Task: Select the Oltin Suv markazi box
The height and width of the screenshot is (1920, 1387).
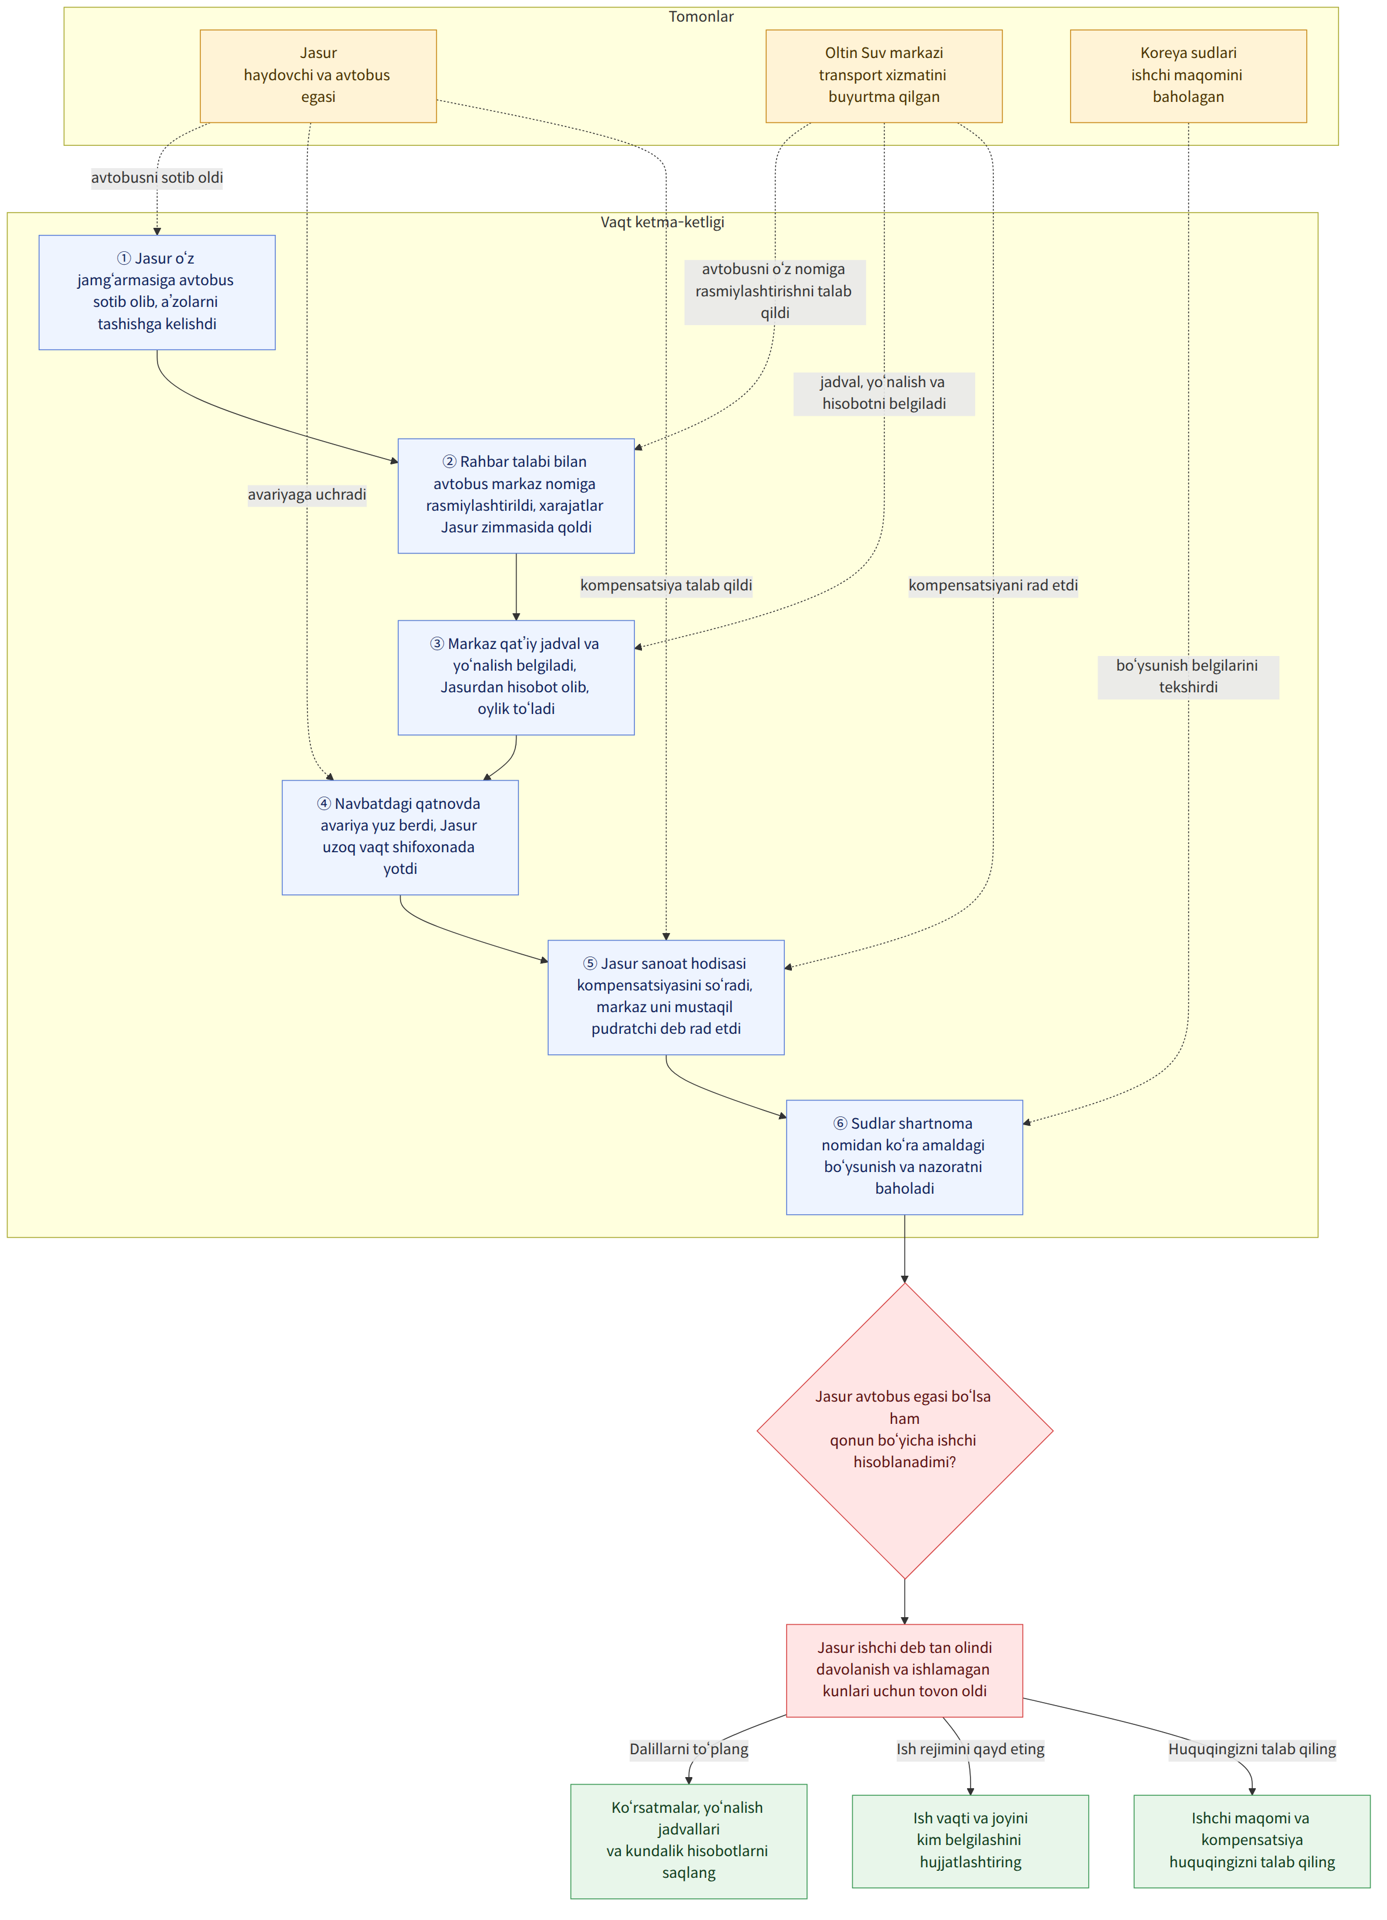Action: [883, 76]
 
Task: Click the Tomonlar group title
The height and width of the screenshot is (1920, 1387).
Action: [701, 17]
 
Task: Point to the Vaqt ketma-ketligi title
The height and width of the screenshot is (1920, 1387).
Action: [662, 222]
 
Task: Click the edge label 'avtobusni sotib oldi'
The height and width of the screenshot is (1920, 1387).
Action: [158, 178]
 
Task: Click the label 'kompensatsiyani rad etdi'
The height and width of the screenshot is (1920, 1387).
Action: [993, 585]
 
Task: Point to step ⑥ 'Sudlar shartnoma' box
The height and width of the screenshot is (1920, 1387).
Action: [904, 1157]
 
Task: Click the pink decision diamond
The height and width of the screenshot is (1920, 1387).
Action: [904, 1431]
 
